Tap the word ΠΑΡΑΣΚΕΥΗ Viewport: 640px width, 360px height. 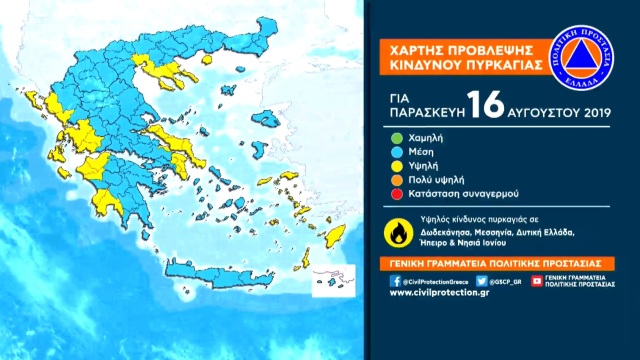click(x=420, y=115)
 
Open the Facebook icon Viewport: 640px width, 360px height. click(x=396, y=281)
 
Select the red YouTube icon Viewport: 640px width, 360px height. click(x=537, y=281)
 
